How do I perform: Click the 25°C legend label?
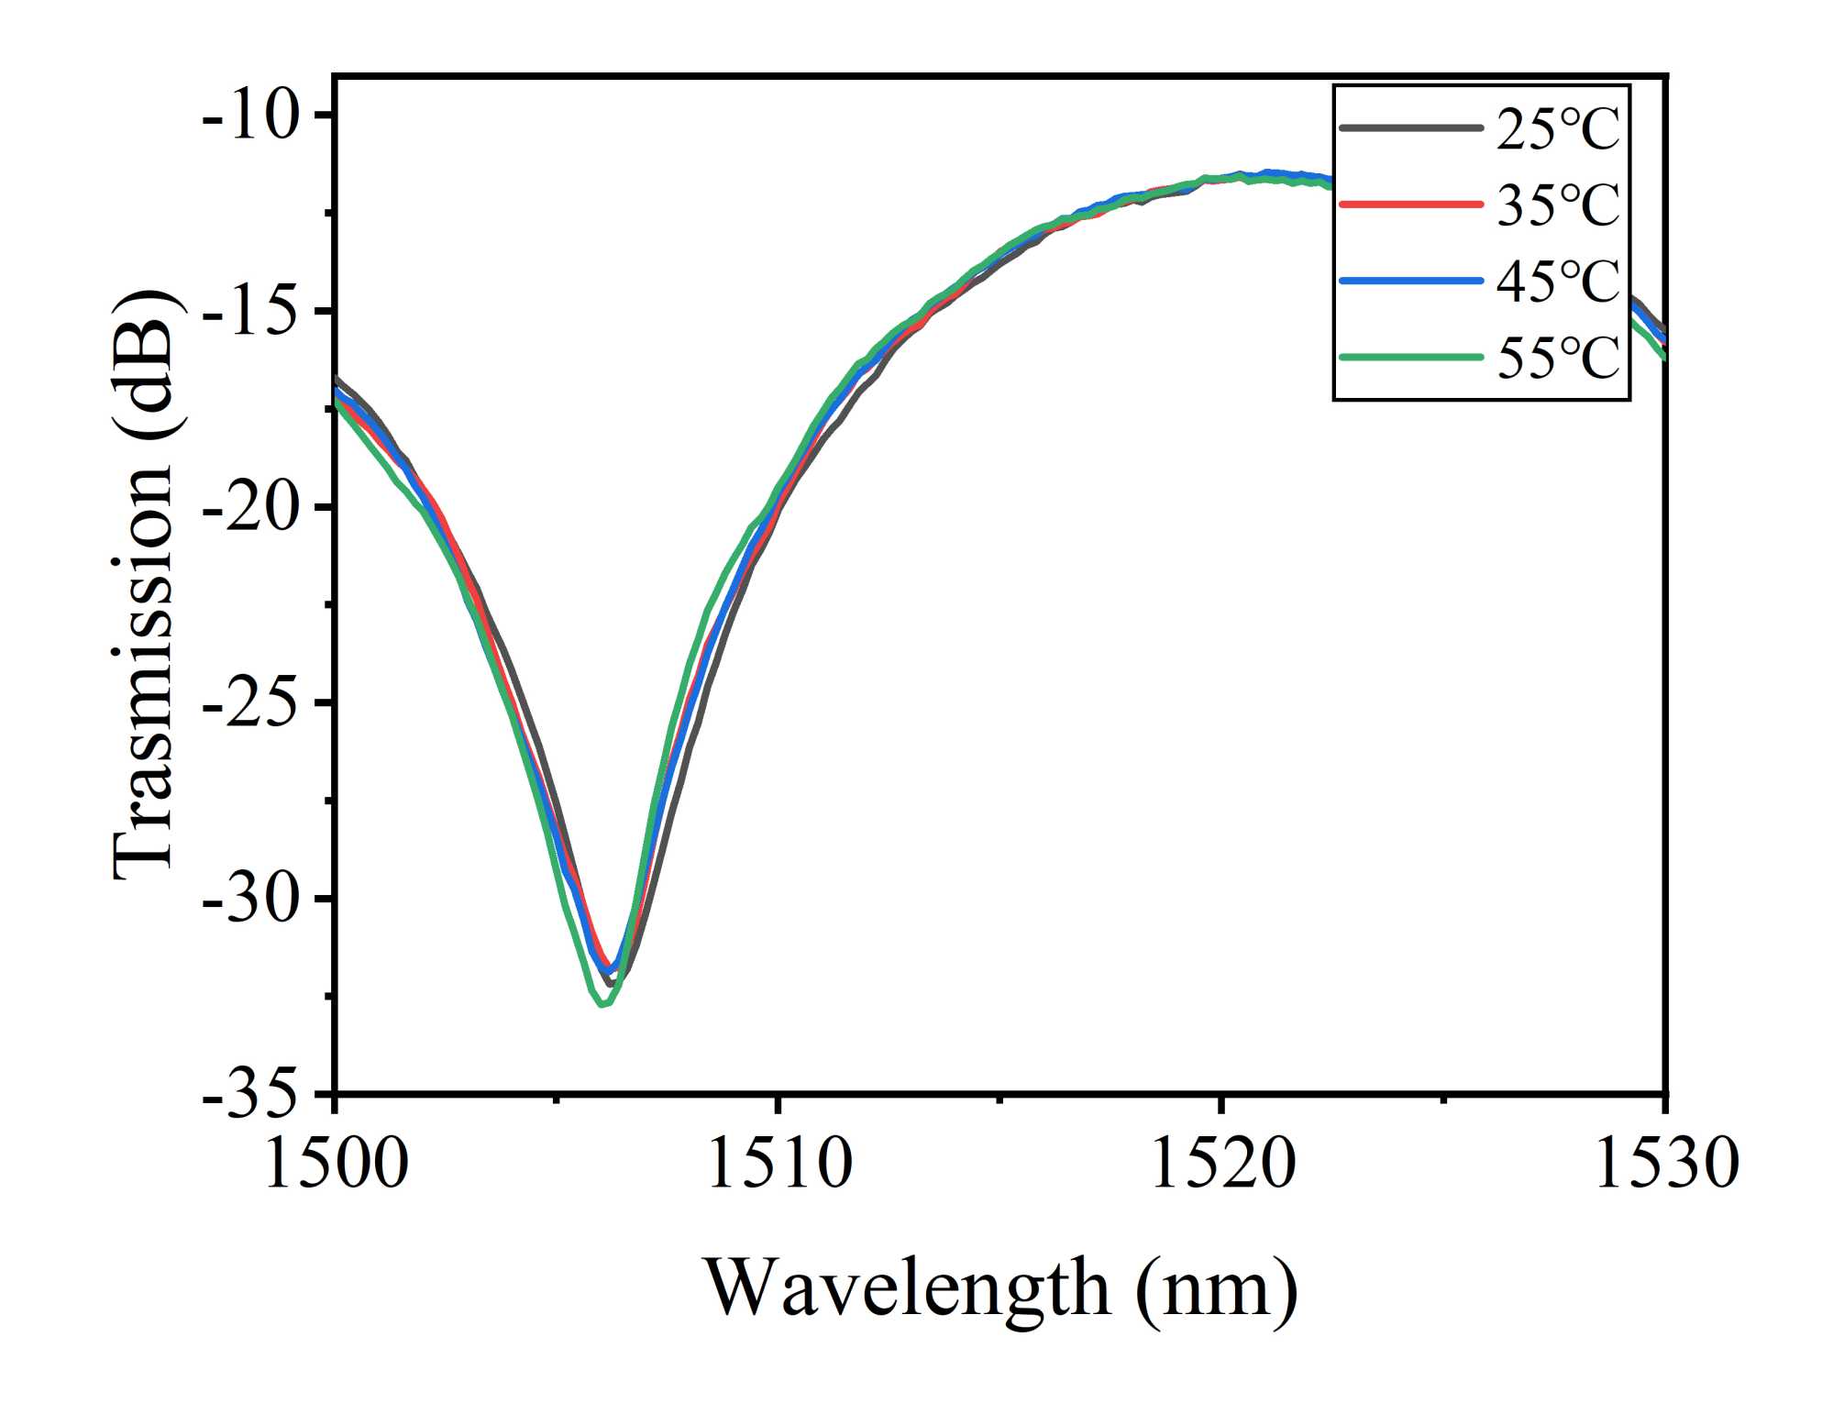[1558, 129]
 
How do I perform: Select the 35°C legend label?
[1558, 204]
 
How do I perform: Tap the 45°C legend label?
[1558, 281]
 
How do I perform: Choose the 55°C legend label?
[1558, 357]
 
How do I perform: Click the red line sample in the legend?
[1410, 204]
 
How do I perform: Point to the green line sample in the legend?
[1410, 357]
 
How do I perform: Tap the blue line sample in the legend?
[1410, 281]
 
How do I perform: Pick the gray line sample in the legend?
[1410, 128]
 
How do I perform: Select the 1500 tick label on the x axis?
[336, 1163]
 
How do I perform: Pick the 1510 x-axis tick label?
[779, 1163]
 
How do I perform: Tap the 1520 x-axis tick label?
[1222, 1163]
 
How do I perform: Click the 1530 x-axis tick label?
[1665, 1163]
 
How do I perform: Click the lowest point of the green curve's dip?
[602, 1004]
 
